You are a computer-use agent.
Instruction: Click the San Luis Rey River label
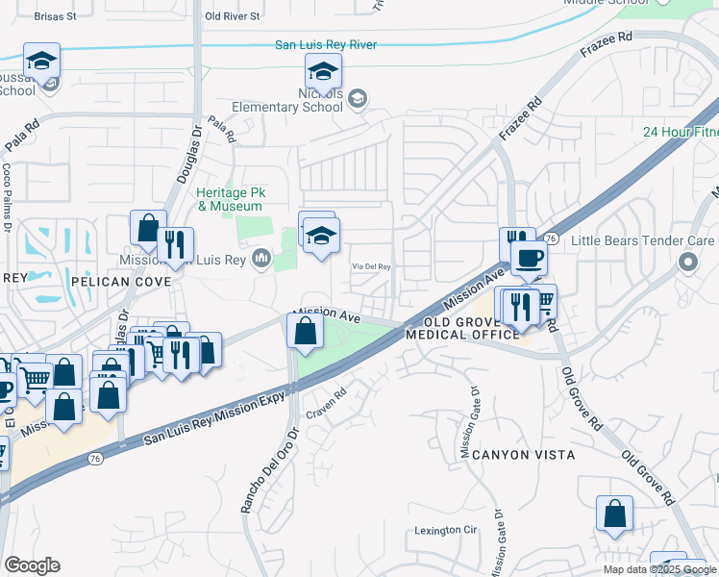tap(326, 45)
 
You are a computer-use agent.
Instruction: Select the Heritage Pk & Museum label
tap(230, 199)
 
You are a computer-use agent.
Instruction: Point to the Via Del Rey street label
tap(370, 267)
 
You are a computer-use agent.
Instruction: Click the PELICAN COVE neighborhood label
tap(120, 282)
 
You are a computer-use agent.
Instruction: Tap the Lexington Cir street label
tap(445, 530)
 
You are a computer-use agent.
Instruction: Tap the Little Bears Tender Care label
tap(643, 241)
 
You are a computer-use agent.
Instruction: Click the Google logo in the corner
tap(32, 565)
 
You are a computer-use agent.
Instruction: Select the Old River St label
tap(233, 16)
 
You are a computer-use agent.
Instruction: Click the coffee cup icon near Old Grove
tap(527, 258)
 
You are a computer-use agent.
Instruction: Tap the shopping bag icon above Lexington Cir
tap(614, 514)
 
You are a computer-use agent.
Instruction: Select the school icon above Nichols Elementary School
tap(324, 70)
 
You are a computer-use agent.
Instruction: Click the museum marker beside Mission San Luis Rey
tap(262, 258)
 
